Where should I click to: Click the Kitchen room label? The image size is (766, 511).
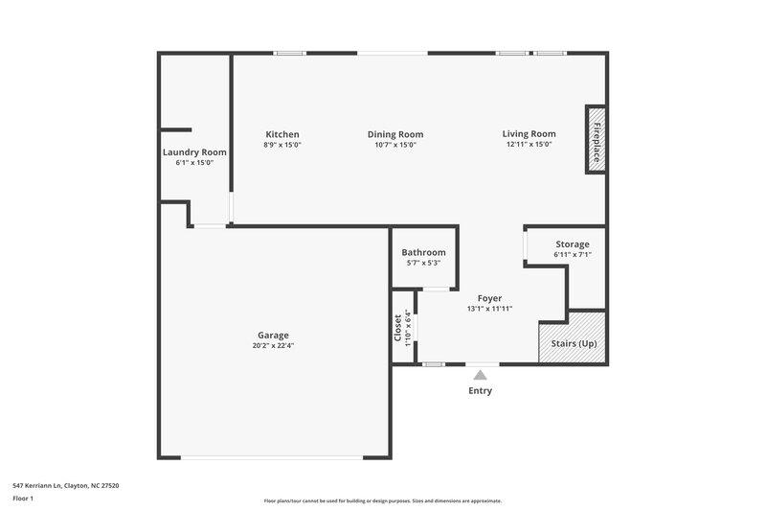coord(282,134)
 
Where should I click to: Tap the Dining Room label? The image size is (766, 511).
coord(395,134)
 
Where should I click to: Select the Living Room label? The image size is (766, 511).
coord(529,134)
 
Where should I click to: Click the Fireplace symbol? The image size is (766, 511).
coord(596,140)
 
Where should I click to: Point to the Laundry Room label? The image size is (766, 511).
coord(194,151)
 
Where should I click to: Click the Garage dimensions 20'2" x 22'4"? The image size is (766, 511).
coord(273,345)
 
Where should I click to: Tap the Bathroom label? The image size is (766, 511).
coord(423,252)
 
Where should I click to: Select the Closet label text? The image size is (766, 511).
coord(398,328)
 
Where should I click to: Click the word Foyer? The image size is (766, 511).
coord(489,298)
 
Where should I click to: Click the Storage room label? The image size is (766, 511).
coord(573,244)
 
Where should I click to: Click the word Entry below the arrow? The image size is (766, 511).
coord(481,391)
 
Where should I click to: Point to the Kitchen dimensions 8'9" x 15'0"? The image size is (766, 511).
coord(282,145)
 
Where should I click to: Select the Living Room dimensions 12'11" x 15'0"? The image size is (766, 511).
coord(529,145)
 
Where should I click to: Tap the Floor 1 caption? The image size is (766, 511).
coord(23,499)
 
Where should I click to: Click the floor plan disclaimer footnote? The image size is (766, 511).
coord(383,500)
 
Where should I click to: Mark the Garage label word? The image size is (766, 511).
coord(273,335)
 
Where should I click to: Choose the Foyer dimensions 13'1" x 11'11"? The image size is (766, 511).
coord(489,309)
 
